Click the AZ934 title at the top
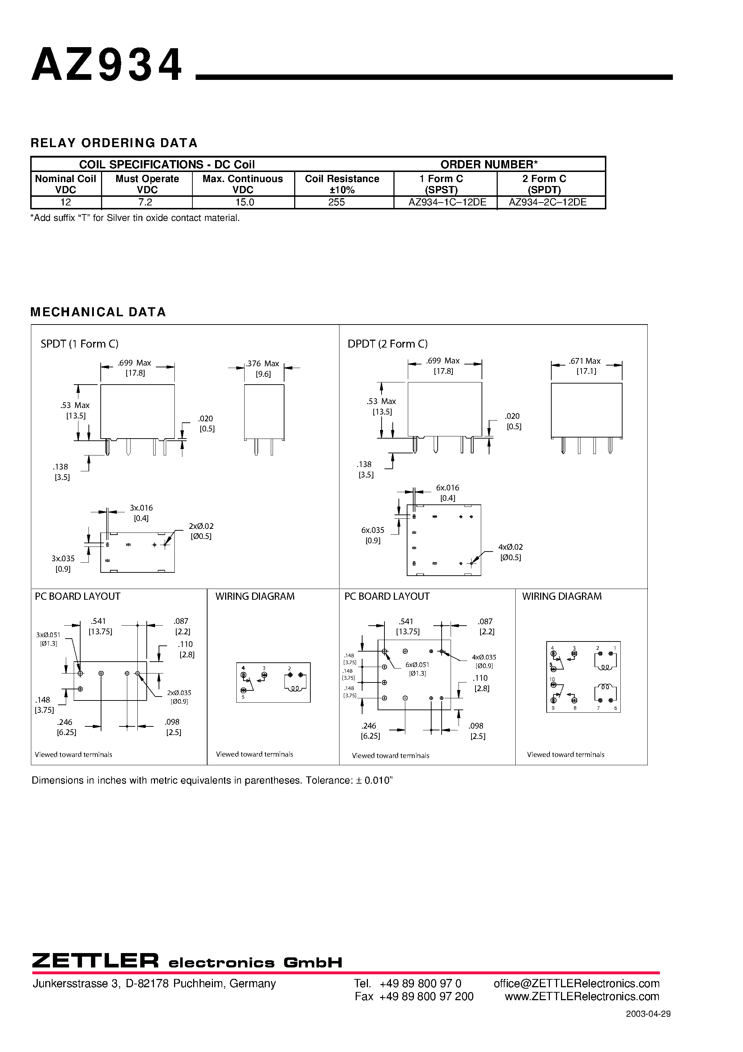click(x=107, y=65)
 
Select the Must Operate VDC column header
click(x=147, y=184)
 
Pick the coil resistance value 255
click(x=336, y=202)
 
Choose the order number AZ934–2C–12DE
click(x=547, y=202)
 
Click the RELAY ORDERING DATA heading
click(x=114, y=143)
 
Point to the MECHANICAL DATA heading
click(x=98, y=312)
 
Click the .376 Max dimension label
click(x=263, y=363)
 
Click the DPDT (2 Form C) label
click(x=388, y=344)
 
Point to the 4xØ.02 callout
click(x=510, y=547)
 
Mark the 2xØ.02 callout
click(x=201, y=526)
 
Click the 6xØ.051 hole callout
click(x=417, y=665)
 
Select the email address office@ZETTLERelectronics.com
click(x=576, y=983)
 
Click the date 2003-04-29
click(x=648, y=1014)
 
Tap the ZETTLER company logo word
click(x=95, y=961)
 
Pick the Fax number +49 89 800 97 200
click(x=426, y=997)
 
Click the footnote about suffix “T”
click(x=135, y=218)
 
